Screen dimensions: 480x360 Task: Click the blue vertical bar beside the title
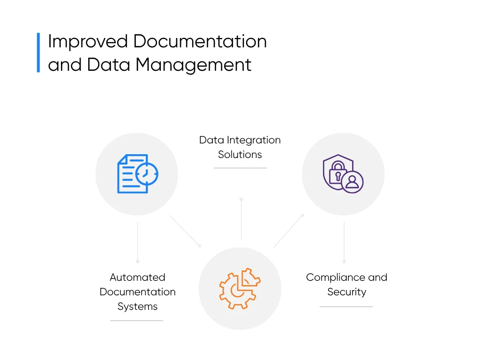pos(38,52)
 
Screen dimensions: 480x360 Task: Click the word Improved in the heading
pos(88,42)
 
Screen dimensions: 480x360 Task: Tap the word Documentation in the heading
pos(200,41)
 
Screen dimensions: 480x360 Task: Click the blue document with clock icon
pos(138,173)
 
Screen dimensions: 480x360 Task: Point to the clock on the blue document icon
pos(147,174)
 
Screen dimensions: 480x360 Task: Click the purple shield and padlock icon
pos(343,173)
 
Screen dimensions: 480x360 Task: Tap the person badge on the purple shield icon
pos(352,182)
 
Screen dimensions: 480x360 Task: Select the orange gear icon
pos(240,288)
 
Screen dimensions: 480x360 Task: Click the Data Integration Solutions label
pos(240,147)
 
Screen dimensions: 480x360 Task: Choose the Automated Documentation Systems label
pos(137,292)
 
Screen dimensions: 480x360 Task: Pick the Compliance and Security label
pos(346,285)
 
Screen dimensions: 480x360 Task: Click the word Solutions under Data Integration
pos(240,154)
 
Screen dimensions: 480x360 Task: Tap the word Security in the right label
pos(346,292)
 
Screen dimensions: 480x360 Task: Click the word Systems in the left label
pos(137,307)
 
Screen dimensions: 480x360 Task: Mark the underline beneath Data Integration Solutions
pos(240,168)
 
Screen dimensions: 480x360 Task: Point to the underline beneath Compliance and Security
pos(346,307)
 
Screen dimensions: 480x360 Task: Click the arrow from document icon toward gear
pos(185,231)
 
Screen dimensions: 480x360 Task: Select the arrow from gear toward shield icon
pos(289,230)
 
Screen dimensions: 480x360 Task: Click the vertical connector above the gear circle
pos(241,218)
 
